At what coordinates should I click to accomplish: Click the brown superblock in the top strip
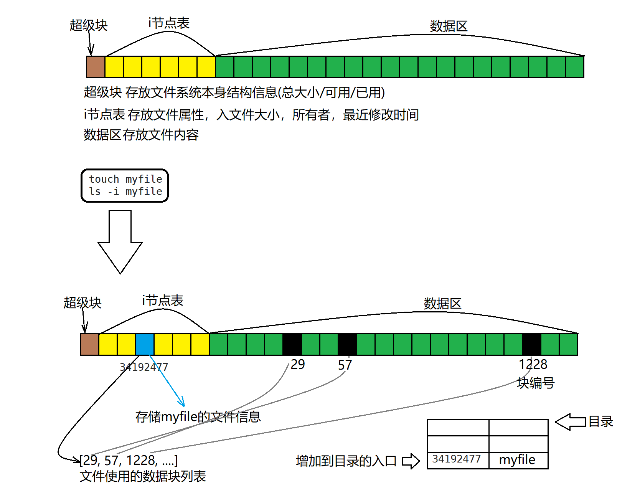point(96,67)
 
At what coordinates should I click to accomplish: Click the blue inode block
point(145,344)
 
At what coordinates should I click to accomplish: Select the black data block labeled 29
point(292,344)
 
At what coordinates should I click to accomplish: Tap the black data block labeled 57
point(347,344)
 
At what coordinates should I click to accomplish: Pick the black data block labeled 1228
point(531,344)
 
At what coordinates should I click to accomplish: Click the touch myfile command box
point(125,185)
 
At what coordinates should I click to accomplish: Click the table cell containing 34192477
point(457,459)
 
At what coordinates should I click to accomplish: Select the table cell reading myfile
point(518,459)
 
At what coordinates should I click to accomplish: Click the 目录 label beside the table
point(601,422)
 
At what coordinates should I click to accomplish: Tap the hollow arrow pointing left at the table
point(570,422)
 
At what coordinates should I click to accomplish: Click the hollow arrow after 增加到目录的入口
point(411,461)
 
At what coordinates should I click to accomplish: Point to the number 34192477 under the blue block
point(144,367)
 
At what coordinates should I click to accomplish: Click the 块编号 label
point(536,383)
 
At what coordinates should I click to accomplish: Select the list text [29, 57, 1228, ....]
point(129,460)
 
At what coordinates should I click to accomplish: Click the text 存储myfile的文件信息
point(198,417)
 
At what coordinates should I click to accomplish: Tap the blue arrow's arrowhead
point(183,403)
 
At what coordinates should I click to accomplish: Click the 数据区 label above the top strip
point(449,26)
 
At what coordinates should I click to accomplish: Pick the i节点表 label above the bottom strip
point(163,301)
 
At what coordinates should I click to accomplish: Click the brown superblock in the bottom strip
point(89,344)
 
